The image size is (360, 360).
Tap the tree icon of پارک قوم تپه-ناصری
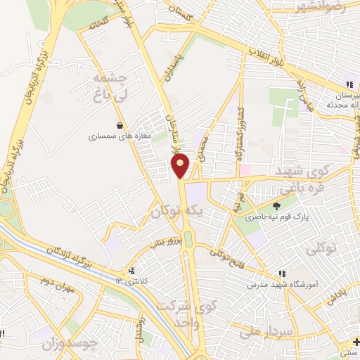(x=276, y=206)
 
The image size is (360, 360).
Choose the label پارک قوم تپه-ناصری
(x=275, y=218)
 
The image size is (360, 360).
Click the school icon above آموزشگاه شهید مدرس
(x=282, y=274)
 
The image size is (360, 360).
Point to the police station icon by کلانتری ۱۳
(x=129, y=271)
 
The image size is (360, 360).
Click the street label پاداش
(x=338, y=294)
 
